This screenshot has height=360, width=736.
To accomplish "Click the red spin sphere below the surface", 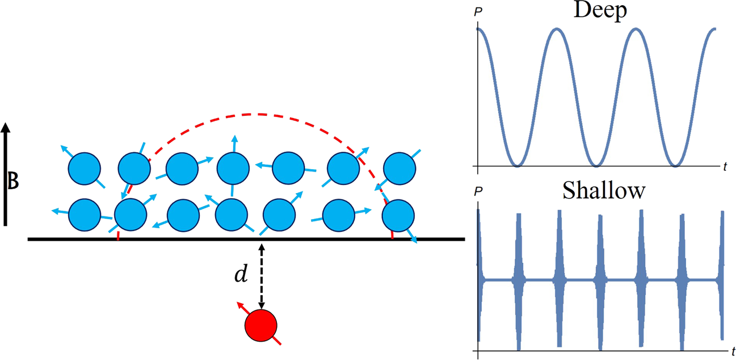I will click(260, 326).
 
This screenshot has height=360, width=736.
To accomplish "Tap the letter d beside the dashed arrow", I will click(241, 275).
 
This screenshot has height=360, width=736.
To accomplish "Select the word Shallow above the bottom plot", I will click(604, 191).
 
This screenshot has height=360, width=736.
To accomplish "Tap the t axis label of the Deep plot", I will click(725, 166).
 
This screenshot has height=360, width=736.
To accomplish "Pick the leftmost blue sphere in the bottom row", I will click(84, 214).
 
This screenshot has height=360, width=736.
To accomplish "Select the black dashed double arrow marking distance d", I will click(260, 277).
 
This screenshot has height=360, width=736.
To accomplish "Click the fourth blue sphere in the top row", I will click(233, 168).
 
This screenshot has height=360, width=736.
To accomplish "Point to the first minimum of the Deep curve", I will click(517, 165).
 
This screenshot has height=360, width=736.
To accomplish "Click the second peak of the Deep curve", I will click(557, 28).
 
